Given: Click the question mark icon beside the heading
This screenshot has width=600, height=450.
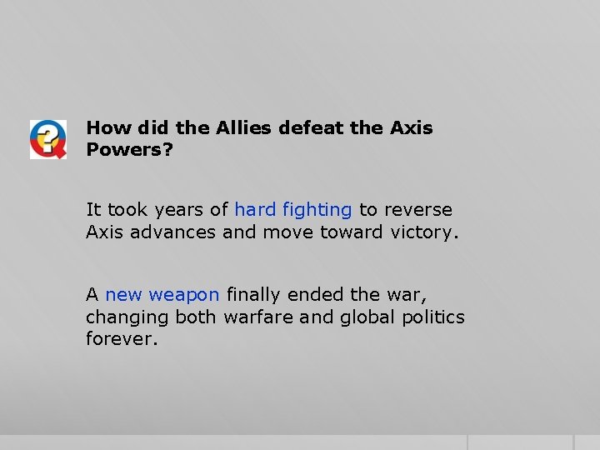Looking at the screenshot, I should [47, 139].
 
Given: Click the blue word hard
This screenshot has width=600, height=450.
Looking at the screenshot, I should [254, 210].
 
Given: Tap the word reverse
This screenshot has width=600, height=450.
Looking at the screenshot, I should [417, 210].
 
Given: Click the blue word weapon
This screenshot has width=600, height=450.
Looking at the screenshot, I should [184, 295].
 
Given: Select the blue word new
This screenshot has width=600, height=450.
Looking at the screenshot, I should [123, 295].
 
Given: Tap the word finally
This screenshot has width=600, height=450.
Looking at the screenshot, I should [254, 295].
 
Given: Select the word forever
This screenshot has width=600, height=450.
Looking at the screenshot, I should [121, 339].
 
